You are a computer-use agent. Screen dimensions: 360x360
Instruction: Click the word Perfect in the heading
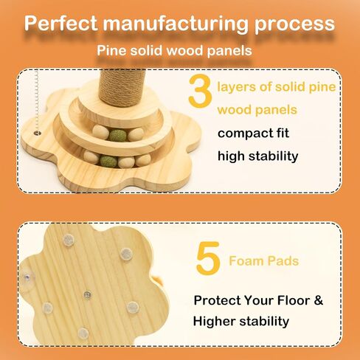61,23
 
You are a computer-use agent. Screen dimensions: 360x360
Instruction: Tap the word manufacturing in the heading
176,24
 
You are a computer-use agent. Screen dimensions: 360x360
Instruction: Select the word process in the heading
294,25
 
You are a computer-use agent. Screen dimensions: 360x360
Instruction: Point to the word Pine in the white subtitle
111,50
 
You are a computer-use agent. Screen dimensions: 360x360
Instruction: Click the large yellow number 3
200,91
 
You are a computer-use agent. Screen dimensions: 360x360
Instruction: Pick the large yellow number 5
208,258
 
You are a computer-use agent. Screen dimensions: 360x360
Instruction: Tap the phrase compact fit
253,134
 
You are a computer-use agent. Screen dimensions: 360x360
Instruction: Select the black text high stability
257,156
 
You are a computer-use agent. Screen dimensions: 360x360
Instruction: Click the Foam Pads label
263,261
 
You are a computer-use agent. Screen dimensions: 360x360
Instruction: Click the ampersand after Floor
319,300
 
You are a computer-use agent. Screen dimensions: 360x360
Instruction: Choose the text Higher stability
241,322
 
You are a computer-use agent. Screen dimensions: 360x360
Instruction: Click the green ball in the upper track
117,136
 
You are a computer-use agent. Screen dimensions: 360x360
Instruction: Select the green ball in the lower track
108,161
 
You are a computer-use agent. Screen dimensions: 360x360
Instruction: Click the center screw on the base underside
87,294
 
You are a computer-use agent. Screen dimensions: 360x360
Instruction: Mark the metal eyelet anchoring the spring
38,133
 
